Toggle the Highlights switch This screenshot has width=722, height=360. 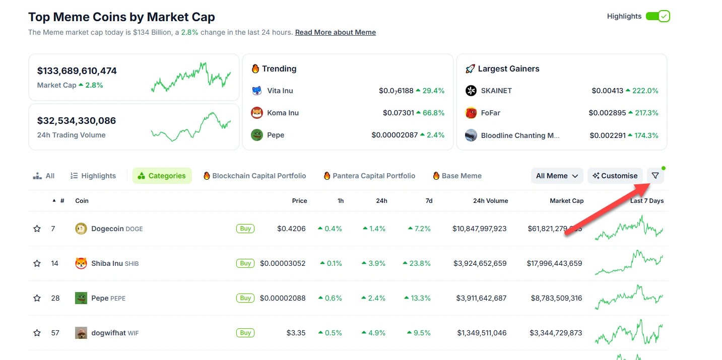tap(658, 16)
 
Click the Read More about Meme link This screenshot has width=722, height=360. tap(335, 32)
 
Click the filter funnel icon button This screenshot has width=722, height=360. tap(655, 176)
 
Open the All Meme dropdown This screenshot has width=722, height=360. tap(557, 176)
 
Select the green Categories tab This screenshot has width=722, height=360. tap(162, 176)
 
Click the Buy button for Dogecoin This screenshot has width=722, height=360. tap(245, 229)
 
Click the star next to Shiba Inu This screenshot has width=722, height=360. tap(37, 263)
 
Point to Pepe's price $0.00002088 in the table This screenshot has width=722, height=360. tap(283, 298)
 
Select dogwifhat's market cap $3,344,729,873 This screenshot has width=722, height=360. tap(556, 333)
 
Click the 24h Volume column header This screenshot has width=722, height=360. tap(490, 201)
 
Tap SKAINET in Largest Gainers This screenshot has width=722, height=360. tap(496, 91)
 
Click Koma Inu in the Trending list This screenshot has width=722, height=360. tap(283, 113)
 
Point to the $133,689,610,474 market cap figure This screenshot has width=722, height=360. tap(77, 71)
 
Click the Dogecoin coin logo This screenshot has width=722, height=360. tap(81, 229)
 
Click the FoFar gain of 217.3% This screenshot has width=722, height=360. tap(646, 113)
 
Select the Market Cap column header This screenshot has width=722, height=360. tap(566, 201)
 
